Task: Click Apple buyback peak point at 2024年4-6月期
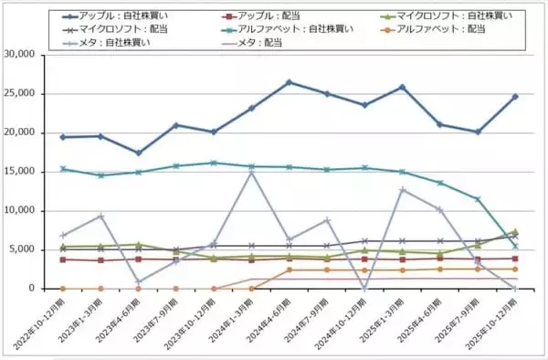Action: click(x=290, y=82)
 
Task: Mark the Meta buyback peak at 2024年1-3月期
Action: click(x=251, y=172)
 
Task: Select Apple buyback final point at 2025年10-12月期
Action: click(x=515, y=97)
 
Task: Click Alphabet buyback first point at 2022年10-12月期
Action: click(x=63, y=169)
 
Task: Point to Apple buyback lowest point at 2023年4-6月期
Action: click(x=138, y=153)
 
